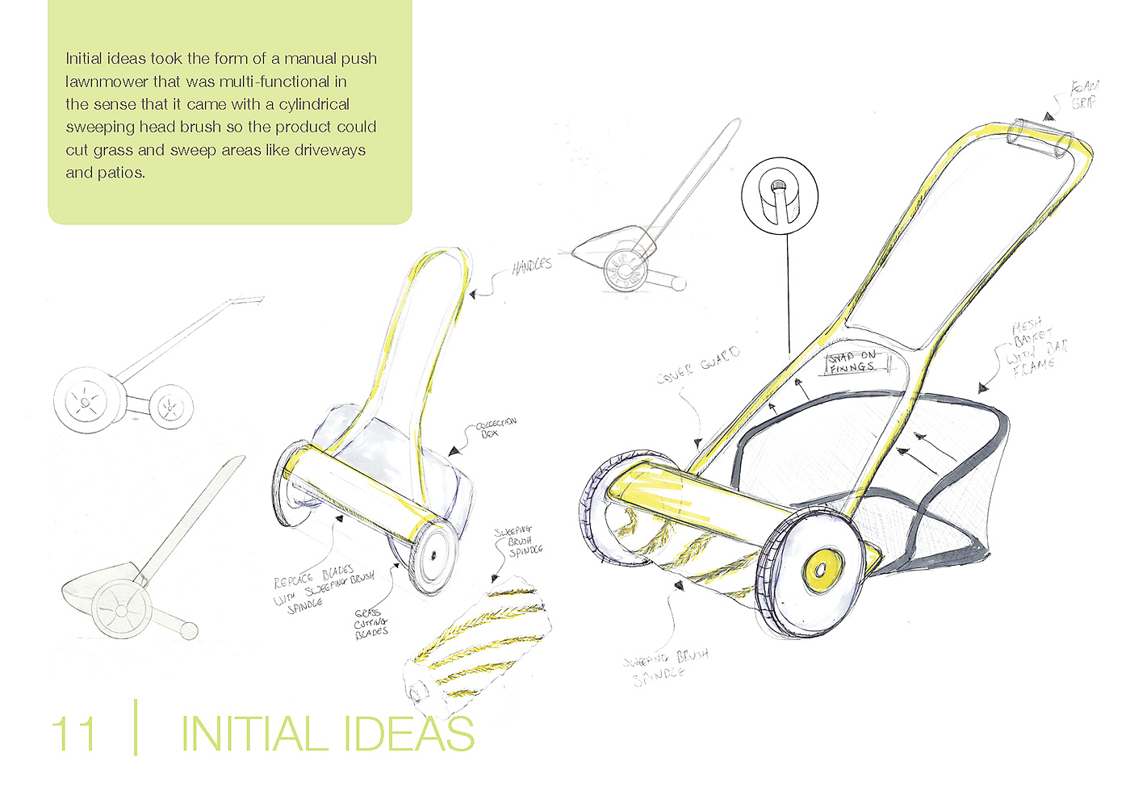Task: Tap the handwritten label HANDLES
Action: click(x=532, y=266)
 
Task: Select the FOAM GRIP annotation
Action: click(x=1084, y=94)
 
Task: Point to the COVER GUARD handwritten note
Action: click(x=698, y=365)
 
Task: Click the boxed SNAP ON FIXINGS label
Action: click(x=854, y=362)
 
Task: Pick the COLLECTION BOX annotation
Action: click(x=495, y=427)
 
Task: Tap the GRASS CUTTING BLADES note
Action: click(x=371, y=624)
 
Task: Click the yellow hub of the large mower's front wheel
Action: click(x=822, y=569)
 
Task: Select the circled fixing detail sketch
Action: click(x=780, y=196)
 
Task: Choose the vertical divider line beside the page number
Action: click(x=136, y=727)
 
